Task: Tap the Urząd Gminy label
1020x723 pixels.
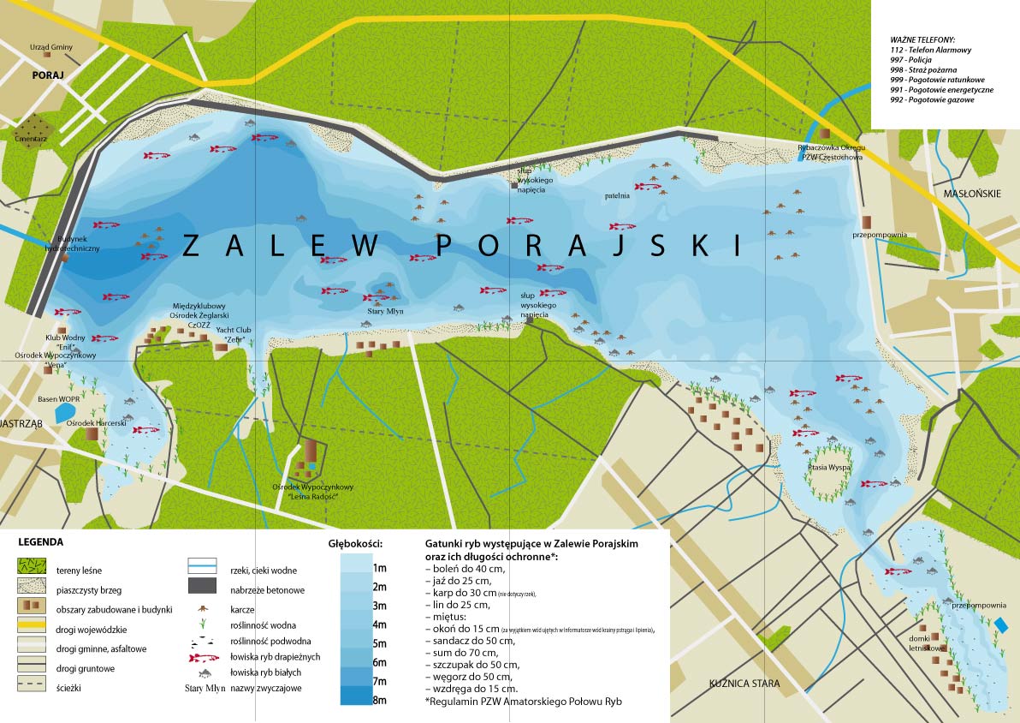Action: [51, 47]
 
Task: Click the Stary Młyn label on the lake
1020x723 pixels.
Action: [385, 311]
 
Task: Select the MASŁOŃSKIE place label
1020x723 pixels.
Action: [972, 194]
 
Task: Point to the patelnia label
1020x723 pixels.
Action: [616, 195]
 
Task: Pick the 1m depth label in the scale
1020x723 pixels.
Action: [379, 568]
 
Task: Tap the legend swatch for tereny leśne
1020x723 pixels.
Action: [31, 568]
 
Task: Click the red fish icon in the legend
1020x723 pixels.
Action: [204, 657]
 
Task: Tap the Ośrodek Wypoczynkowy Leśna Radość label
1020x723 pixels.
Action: [311, 492]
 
